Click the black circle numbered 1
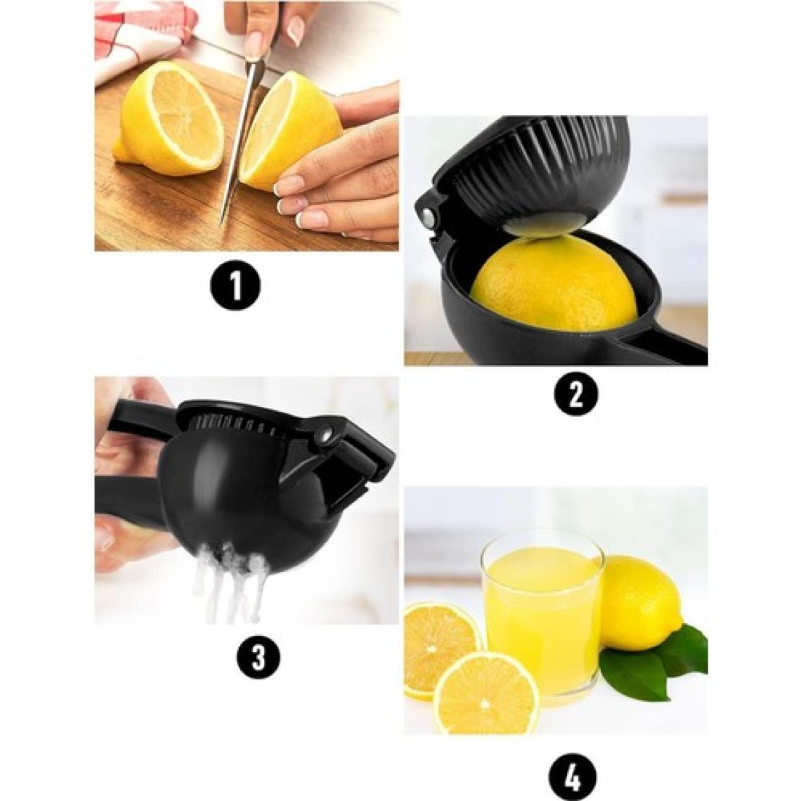(x=236, y=286)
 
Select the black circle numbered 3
(x=258, y=656)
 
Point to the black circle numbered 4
(x=573, y=778)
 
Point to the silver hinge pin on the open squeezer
(x=429, y=216)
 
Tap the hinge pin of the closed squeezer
(x=326, y=434)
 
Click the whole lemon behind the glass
(x=641, y=603)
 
